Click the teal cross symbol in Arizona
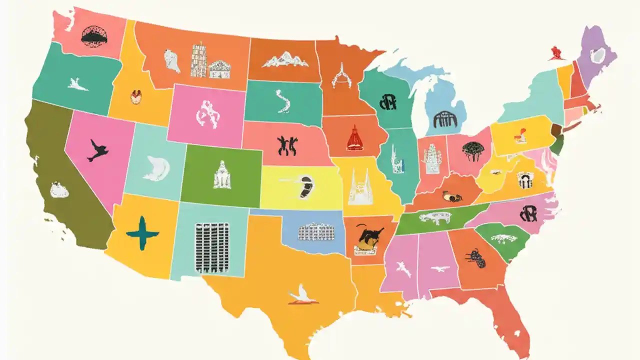click(142, 233)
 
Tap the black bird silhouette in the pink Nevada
click(97, 150)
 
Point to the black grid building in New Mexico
click(212, 248)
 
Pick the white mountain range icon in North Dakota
click(285, 60)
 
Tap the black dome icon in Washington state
click(94, 36)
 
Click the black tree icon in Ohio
click(472, 150)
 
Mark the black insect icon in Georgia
click(475, 258)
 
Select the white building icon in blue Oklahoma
click(316, 232)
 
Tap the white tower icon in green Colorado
click(222, 175)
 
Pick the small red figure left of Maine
click(555, 52)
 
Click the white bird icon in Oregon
click(77, 84)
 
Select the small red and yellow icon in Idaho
click(136, 96)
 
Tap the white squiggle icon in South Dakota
click(283, 100)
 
